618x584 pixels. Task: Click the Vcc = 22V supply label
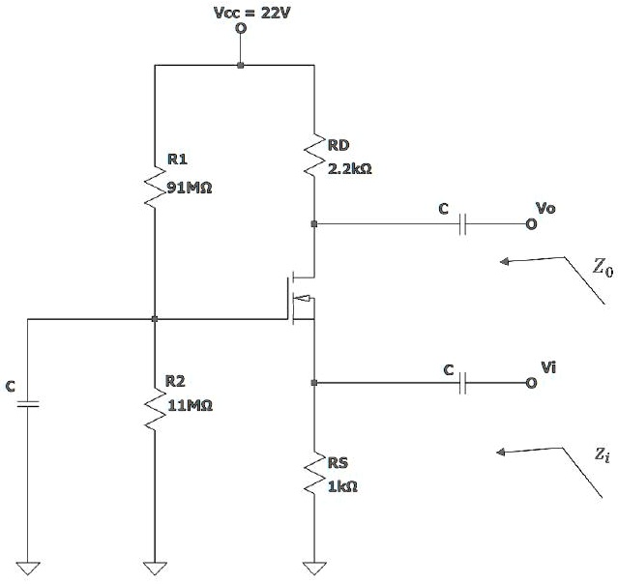point(251,13)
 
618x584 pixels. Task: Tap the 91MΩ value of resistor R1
point(190,188)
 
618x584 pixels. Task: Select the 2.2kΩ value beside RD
point(350,169)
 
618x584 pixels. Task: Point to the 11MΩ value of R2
point(191,405)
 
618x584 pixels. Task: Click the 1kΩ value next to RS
point(342,486)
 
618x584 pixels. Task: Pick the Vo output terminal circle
point(531,224)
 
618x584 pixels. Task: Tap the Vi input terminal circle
point(531,383)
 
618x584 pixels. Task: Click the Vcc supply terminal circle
point(241,28)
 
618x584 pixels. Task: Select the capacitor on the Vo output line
point(462,224)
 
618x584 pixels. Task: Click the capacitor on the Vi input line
point(462,383)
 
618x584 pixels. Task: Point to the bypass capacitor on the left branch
point(28,403)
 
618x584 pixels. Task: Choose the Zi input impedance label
point(603,454)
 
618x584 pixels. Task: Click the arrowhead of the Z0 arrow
point(505,261)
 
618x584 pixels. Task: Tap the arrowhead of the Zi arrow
point(501,452)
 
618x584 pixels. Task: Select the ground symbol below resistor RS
point(314,569)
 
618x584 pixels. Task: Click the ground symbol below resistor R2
point(155,569)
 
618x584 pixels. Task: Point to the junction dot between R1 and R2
point(155,319)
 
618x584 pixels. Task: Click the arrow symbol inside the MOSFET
point(303,298)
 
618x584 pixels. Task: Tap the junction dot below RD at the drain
point(314,223)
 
